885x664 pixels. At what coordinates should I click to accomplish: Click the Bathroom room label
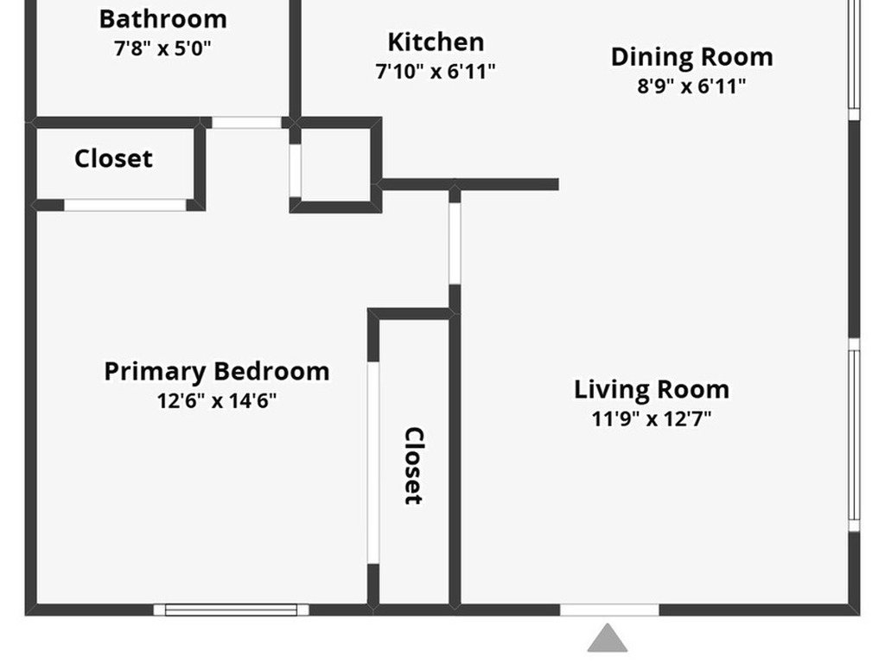163,19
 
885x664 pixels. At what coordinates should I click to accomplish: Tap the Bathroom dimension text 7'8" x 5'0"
162,48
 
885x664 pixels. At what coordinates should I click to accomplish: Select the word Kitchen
436,42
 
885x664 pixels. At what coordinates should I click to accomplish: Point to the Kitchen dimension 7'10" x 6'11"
436,72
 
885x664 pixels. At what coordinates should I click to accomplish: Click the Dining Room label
692,57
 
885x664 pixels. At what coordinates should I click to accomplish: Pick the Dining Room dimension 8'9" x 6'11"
692,86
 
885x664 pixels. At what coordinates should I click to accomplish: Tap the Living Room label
652,390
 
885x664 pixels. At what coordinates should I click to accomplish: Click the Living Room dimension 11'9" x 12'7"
652,419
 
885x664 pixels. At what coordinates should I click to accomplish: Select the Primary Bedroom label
217,372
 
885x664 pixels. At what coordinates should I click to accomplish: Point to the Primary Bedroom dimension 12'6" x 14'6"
217,401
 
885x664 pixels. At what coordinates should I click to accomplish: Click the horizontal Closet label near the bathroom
113,159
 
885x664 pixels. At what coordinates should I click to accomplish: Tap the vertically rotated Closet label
414,466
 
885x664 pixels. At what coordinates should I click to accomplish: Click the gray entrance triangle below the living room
608,638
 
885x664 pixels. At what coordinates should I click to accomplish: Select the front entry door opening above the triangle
609,610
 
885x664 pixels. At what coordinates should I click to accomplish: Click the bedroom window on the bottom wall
232,610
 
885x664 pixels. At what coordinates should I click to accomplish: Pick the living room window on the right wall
855,435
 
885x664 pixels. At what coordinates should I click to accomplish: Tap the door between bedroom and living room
455,243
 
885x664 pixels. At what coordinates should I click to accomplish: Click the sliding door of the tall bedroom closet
373,463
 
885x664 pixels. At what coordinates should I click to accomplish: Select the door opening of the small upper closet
124,205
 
